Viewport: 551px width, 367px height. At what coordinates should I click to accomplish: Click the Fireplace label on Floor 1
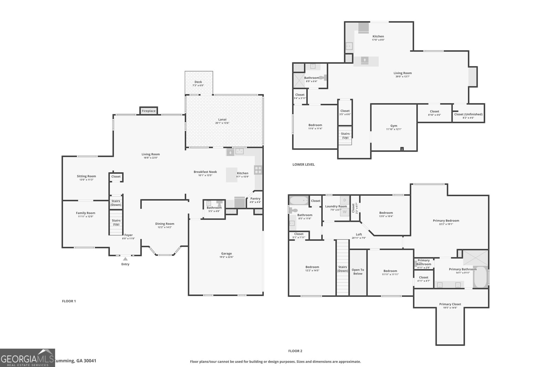[x=149, y=111]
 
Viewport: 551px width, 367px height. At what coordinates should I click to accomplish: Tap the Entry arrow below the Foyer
[x=125, y=259]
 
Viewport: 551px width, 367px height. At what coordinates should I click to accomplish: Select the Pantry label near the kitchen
[x=255, y=198]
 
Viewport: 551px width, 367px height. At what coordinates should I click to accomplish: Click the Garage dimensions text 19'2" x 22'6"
[x=226, y=257]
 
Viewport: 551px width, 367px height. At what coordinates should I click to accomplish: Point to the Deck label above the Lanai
[x=198, y=82]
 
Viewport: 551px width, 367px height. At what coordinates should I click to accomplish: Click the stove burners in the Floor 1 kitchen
[x=258, y=170]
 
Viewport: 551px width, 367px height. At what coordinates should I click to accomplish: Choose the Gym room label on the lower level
[x=394, y=126]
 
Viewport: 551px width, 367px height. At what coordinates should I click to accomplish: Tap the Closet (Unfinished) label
[x=468, y=114]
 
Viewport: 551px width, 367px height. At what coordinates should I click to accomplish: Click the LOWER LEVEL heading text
[x=303, y=164]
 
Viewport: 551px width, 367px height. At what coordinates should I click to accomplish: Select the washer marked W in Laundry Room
[x=344, y=212]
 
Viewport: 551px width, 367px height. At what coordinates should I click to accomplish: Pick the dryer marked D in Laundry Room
[x=344, y=200]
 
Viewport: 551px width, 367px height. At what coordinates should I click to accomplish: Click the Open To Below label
[x=358, y=272]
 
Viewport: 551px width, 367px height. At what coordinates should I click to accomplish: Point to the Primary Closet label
[x=450, y=304]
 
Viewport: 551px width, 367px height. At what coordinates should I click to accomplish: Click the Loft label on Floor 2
[x=359, y=235]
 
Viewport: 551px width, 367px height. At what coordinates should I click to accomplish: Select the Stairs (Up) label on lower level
[x=345, y=136]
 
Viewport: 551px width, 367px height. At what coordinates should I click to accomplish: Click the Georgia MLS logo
[x=27, y=358]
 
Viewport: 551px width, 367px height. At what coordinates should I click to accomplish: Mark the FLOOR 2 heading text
[x=295, y=351]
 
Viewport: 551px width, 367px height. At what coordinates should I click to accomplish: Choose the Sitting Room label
[x=86, y=176]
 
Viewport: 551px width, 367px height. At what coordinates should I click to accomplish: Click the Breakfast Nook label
[x=205, y=172]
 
